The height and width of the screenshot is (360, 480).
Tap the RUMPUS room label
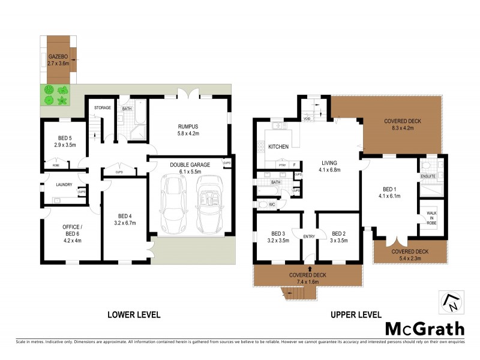[x=188, y=127]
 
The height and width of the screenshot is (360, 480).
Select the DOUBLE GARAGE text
[x=190, y=164]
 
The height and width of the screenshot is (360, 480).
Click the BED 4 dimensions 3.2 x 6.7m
[x=125, y=223]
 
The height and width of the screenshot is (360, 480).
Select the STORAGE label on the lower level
[x=103, y=108]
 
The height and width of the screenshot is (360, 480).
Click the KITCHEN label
[x=278, y=147]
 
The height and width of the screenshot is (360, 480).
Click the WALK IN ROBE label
[x=431, y=217]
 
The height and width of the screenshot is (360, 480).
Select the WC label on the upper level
[x=271, y=205]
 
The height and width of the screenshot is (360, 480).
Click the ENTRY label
[x=309, y=236]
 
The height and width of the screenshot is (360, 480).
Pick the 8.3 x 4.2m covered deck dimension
[x=403, y=127]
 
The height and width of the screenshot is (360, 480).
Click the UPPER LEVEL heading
[x=356, y=314]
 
